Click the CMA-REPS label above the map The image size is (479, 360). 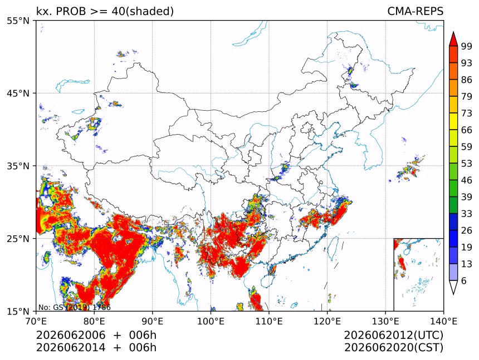tap(415, 11)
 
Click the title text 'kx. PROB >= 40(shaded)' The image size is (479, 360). tap(105, 11)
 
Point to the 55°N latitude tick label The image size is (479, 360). tap(18, 21)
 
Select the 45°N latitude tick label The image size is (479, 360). tap(18, 93)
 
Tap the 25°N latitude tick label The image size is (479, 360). tap(18, 238)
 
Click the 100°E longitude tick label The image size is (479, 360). tap(211, 321)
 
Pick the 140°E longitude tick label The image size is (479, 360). tap(443, 321)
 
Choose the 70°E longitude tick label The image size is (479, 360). tap(36, 321)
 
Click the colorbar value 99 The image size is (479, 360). tap(467, 46)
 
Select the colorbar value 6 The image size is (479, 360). tap(464, 280)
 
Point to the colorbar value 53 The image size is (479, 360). tap(467, 164)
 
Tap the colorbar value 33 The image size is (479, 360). tap(467, 214)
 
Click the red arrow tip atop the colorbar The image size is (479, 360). tap(453, 32)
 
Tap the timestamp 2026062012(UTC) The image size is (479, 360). tap(393, 335)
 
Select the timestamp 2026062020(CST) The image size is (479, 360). tap(393, 348)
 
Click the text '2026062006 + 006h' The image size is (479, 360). tap(96, 335)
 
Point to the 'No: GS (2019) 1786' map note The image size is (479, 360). tap(74, 307)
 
